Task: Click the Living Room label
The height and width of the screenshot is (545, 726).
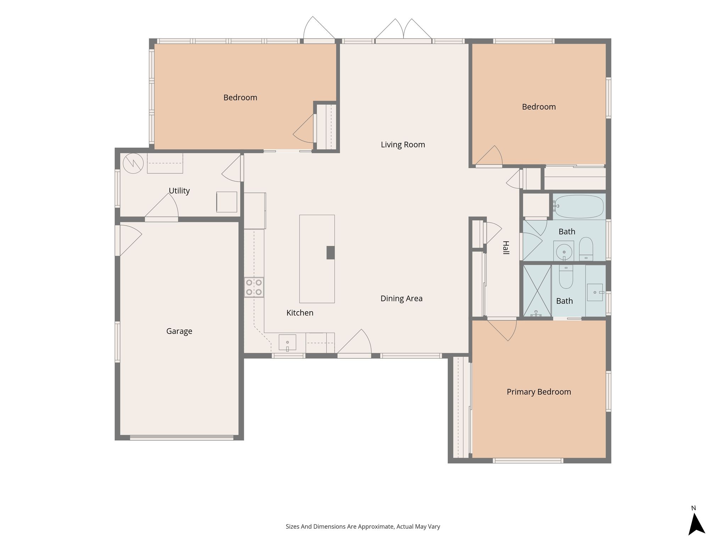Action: (x=403, y=145)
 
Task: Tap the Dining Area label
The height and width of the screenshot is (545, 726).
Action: (x=401, y=299)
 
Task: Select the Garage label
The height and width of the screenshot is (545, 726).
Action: (x=179, y=331)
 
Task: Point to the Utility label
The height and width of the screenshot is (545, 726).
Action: (x=179, y=191)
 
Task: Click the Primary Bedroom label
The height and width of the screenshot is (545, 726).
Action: (x=539, y=392)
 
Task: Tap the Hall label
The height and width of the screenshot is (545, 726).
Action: (x=506, y=248)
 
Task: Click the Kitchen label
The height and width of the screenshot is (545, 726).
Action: (x=300, y=313)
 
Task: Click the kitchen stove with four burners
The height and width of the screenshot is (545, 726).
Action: (x=254, y=287)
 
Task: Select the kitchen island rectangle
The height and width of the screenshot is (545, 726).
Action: (x=317, y=259)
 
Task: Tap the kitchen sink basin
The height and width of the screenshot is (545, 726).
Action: (x=287, y=342)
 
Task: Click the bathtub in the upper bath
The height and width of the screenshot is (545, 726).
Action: (x=579, y=206)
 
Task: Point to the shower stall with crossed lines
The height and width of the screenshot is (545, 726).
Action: (x=537, y=291)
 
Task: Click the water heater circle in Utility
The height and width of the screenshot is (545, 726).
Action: (x=133, y=163)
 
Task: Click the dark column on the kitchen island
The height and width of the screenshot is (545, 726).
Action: (x=330, y=253)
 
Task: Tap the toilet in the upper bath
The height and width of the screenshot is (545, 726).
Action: (x=586, y=248)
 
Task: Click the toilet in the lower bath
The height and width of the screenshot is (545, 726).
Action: (x=566, y=277)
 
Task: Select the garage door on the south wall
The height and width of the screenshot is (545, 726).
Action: (x=182, y=437)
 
